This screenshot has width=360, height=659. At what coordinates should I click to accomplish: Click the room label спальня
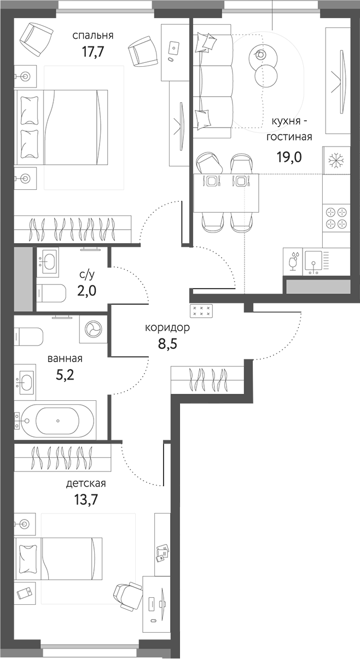pos(93,36)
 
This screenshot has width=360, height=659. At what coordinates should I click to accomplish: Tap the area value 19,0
pos(289,154)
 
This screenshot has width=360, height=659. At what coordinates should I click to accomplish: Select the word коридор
pos(167,328)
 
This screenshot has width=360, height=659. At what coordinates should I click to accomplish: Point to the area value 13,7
pos(85,500)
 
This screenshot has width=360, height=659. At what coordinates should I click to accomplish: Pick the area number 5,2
pos(65,375)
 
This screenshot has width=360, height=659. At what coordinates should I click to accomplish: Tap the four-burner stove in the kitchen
pos(336,218)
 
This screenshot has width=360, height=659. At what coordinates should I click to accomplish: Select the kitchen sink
pos(314,261)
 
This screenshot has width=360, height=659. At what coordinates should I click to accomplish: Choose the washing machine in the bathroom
pos(93,329)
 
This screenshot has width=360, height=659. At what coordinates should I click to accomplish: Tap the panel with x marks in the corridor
pos(201,311)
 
